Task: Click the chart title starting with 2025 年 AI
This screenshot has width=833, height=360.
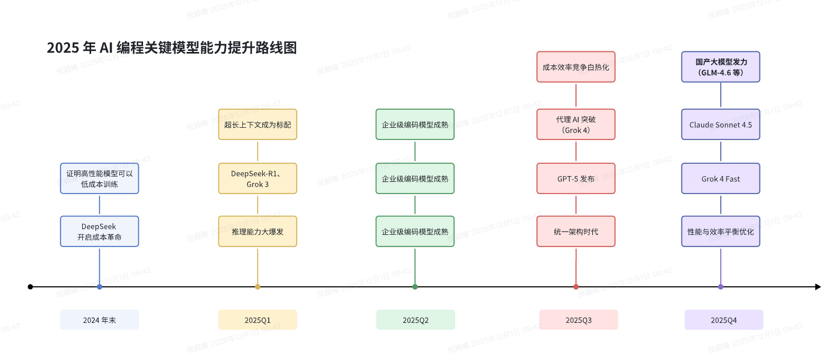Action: coord(171,48)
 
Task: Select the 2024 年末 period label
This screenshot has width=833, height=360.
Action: coord(99,320)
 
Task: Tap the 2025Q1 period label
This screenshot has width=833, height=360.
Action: coord(258,320)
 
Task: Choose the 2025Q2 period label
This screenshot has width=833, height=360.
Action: coord(415,320)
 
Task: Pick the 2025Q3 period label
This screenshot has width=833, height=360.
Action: coord(578,320)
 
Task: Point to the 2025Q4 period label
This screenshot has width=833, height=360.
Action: coord(723,320)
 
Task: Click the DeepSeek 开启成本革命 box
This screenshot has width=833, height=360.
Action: coord(99,232)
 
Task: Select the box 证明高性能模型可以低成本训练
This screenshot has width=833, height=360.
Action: coord(99,179)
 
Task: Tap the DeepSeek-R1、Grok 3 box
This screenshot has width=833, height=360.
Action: coord(258,179)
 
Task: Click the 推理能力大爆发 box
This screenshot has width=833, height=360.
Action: coord(258,232)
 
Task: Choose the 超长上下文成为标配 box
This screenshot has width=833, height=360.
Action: coord(258,125)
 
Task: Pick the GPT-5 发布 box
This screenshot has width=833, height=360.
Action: coord(576,179)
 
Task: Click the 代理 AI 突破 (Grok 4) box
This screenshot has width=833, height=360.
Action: coord(576,125)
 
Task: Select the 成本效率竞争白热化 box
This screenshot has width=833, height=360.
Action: coord(576,67)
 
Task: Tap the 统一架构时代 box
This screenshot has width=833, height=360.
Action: coord(576,232)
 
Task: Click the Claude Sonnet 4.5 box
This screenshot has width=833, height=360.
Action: coord(721,125)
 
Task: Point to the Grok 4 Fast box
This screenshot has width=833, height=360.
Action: coord(721,179)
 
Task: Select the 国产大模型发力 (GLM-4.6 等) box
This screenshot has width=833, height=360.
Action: coord(721,67)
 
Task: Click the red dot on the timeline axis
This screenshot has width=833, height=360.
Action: coord(576,287)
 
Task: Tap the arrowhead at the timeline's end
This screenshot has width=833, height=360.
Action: coord(818,287)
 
